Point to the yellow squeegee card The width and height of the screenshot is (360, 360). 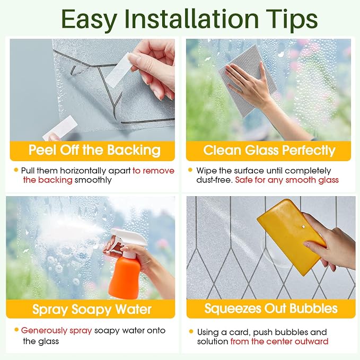point(292,236)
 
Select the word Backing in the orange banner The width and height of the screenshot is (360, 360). point(134,150)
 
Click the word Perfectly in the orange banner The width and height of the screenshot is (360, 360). point(309,151)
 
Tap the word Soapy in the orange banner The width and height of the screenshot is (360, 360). point(92,309)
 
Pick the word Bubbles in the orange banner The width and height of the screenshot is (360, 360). point(313,309)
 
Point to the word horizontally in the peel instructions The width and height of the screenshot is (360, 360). point(83,171)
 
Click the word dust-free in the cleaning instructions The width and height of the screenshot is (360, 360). point(215,180)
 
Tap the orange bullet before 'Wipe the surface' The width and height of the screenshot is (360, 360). point(190,170)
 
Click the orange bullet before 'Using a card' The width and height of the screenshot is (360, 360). point(191,331)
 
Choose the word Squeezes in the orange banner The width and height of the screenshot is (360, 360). point(233,309)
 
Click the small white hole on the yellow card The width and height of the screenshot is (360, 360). point(303,227)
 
